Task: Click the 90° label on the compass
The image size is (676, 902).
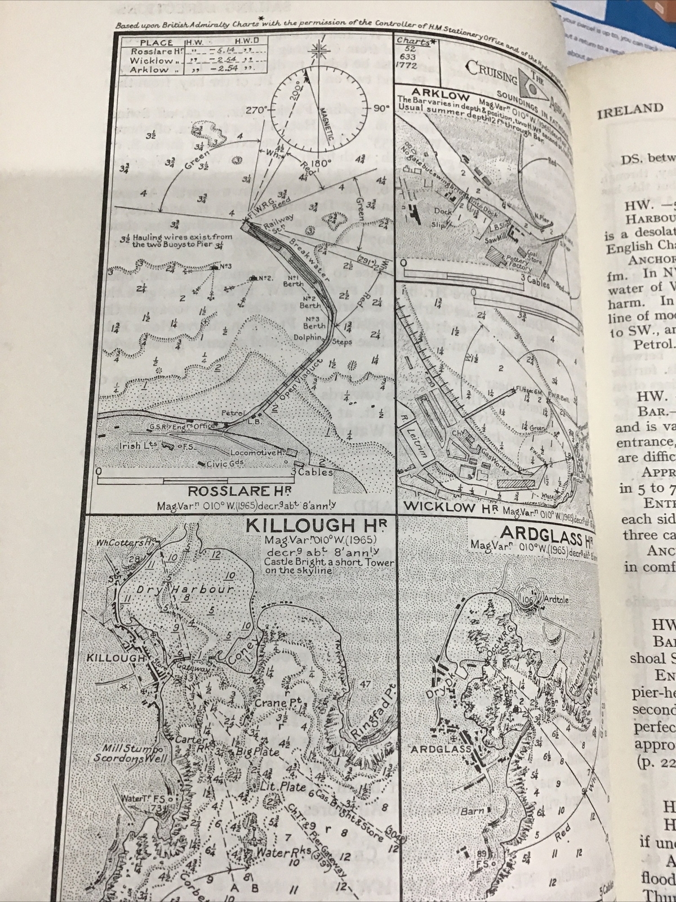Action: coord(381,108)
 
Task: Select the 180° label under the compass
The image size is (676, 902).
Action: coord(321,162)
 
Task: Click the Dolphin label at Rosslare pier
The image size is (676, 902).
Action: coord(307,337)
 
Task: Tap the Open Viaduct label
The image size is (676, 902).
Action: coord(299,379)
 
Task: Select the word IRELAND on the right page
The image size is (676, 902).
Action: coord(629,109)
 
